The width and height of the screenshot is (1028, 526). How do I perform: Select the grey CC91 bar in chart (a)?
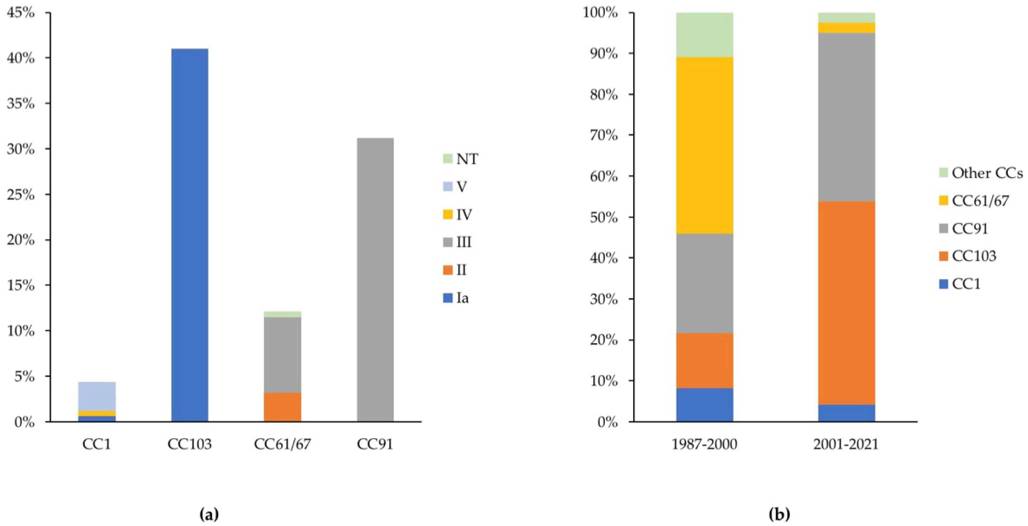(375, 279)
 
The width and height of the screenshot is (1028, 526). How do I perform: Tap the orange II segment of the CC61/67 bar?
(283, 407)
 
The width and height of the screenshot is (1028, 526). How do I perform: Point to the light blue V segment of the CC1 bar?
(97, 396)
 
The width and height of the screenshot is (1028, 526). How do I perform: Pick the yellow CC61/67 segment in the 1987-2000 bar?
(704, 145)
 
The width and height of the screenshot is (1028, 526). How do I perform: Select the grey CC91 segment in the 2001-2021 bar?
(846, 117)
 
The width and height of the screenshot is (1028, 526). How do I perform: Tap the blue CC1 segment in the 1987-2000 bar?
(704, 404)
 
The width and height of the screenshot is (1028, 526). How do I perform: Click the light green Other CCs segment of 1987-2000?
(704, 35)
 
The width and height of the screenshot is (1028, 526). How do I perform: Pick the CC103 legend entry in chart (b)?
(974, 256)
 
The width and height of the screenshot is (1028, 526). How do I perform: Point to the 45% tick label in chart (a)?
(21, 13)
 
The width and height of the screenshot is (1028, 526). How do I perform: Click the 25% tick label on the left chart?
(21, 195)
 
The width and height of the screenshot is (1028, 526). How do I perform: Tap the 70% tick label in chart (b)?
(603, 136)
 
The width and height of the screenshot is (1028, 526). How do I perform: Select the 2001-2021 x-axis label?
(846, 444)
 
